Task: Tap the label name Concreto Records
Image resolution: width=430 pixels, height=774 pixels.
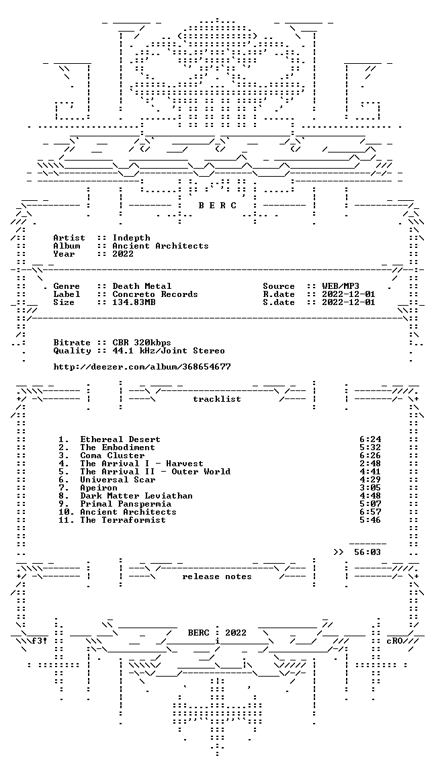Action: point(155,294)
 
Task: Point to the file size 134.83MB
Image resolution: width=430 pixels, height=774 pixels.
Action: point(134,302)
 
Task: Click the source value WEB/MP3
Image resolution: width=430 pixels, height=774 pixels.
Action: point(341,286)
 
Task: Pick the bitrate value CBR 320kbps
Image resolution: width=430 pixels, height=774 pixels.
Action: point(142,343)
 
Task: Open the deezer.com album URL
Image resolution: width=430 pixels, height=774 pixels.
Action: point(142,367)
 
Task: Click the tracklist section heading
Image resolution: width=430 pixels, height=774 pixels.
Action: point(217,399)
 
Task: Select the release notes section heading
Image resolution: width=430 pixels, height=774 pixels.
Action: point(217,576)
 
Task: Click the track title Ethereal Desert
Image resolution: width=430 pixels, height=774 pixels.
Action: point(120,439)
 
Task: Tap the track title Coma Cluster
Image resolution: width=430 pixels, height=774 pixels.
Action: point(113,456)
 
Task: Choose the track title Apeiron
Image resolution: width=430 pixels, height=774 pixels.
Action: point(99,488)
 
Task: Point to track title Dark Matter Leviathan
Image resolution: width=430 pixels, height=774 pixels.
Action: point(136,496)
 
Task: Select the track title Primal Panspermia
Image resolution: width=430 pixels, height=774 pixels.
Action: point(126,504)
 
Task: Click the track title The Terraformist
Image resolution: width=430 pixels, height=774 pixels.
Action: point(123,520)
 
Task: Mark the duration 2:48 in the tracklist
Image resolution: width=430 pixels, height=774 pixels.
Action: point(370,464)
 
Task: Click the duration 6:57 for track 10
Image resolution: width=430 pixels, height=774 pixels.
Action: point(370,512)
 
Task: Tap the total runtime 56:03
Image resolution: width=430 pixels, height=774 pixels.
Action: point(368,552)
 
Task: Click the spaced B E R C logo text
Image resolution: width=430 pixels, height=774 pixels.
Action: point(217,206)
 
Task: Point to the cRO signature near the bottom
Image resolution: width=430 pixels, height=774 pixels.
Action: point(394,641)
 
